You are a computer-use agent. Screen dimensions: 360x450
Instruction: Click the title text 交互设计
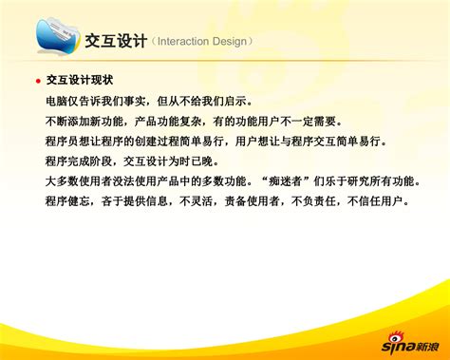tap(116, 42)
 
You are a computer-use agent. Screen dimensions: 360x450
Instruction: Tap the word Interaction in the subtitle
tap(187, 43)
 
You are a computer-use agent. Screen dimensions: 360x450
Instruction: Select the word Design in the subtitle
tap(234, 43)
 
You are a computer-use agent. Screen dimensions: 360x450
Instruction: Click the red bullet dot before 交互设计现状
tap(37, 82)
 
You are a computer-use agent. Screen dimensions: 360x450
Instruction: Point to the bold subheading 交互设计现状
tap(80, 81)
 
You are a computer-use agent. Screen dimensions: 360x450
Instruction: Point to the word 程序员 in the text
tap(61, 141)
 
